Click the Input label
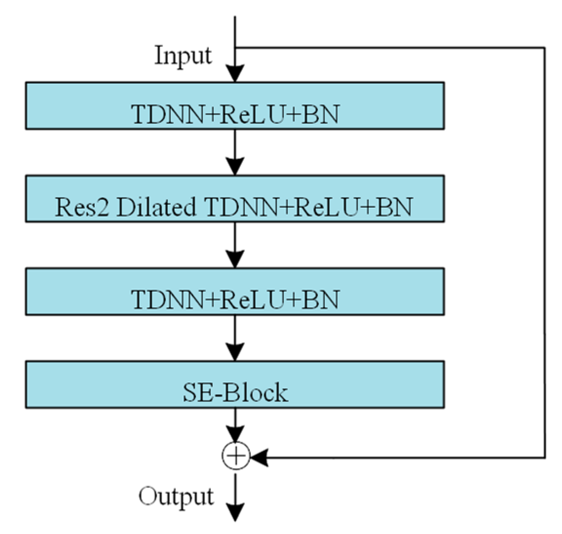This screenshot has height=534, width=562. (x=183, y=56)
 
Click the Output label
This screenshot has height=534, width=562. (x=176, y=496)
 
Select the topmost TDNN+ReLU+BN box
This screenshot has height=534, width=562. (x=234, y=106)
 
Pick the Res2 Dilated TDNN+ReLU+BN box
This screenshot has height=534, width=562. (x=234, y=199)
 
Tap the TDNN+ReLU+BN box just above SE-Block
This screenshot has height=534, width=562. (x=234, y=291)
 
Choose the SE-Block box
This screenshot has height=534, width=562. (x=234, y=384)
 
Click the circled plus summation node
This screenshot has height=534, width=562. (x=235, y=456)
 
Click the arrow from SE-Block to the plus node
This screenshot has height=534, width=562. (x=235, y=424)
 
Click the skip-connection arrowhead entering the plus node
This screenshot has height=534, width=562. (x=258, y=457)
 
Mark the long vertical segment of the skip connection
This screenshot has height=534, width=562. (x=544, y=254)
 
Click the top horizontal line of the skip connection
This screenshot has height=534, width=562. (x=390, y=48)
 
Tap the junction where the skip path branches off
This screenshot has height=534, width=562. (x=235, y=48)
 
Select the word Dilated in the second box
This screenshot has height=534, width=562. (x=156, y=207)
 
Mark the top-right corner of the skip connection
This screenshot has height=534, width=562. (x=544, y=48)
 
